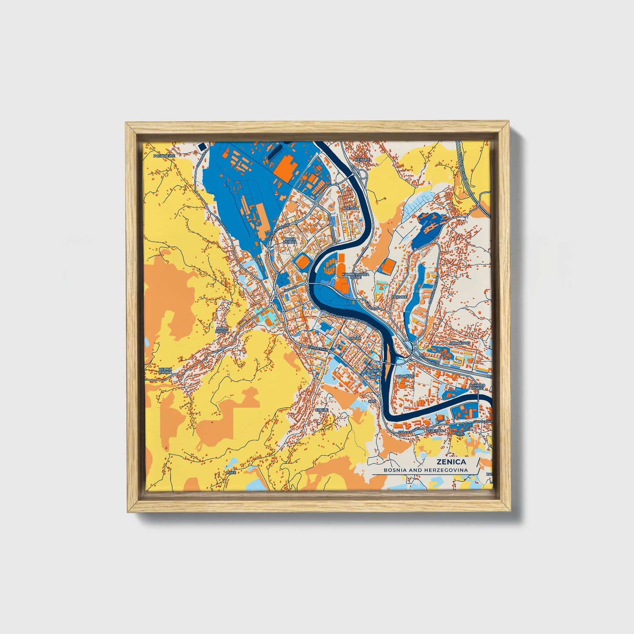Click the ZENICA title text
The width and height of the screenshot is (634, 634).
click(x=451, y=462)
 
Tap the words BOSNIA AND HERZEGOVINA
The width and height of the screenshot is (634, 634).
click(x=426, y=470)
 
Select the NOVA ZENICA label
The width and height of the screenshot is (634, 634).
click(x=290, y=240)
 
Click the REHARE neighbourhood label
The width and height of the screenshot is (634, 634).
click(x=362, y=160)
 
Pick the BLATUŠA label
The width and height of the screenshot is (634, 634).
click(x=351, y=208)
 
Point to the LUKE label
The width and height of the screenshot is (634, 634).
click(x=231, y=473)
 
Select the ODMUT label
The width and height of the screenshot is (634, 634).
click(x=376, y=371)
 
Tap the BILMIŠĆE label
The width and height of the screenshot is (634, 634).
click(x=403, y=376)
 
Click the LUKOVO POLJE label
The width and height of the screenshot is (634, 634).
click(x=477, y=387)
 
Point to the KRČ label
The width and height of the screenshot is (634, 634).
click(x=372, y=401)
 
